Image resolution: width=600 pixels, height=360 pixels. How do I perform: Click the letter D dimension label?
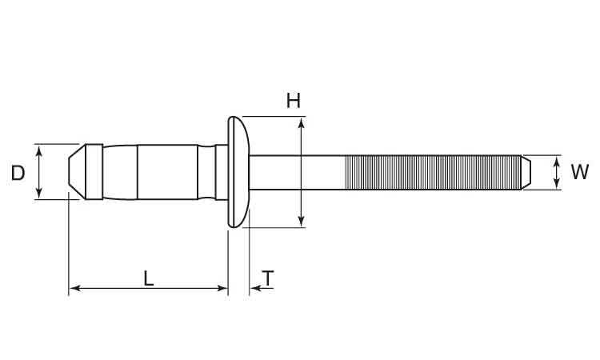tap(18, 174)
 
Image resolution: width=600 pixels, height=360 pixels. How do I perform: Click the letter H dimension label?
tap(294, 101)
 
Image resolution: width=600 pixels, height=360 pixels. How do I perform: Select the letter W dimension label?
tap(579, 172)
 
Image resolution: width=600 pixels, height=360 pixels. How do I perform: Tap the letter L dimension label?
tap(149, 278)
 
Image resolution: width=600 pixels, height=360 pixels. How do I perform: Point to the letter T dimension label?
tap(268, 278)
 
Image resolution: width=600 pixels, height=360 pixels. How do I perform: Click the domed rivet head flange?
tap(238, 172)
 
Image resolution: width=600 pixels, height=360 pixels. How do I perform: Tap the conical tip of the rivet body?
tap(77, 172)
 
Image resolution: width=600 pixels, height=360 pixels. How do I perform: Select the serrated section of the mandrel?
tap(433, 172)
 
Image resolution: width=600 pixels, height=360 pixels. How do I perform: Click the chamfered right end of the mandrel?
tap(526, 172)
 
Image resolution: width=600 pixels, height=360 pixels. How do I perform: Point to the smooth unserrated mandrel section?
tap(297, 172)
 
